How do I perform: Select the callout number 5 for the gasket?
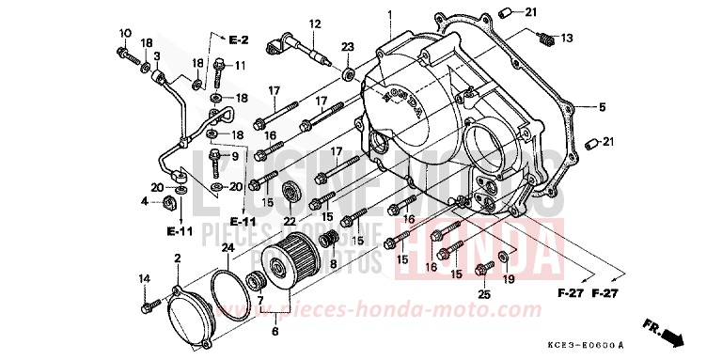(603, 107)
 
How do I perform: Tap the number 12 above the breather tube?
(315, 23)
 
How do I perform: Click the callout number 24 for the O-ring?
(226, 249)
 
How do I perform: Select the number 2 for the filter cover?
(177, 258)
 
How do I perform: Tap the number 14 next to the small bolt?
(145, 279)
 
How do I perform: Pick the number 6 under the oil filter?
(274, 331)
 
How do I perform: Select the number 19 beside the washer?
(509, 279)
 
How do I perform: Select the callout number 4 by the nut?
(146, 201)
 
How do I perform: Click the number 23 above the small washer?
(348, 46)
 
